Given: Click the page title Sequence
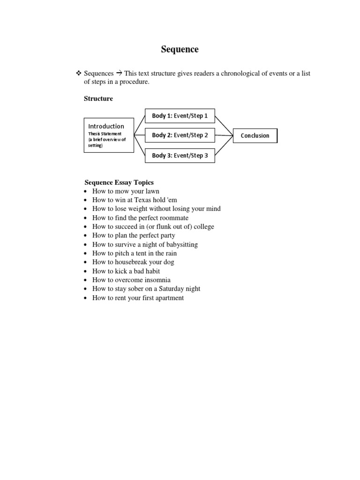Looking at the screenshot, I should pyautogui.click(x=180, y=49).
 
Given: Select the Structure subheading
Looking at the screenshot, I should pyautogui.click(x=98, y=98).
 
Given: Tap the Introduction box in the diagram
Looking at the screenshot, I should pyautogui.click(x=109, y=135).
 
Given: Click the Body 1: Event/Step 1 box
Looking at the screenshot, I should pyautogui.click(x=180, y=115).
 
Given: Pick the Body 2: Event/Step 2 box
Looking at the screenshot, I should pyautogui.click(x=180, y=135).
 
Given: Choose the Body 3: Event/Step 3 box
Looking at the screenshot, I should pyautogui.click(x=180, y=155).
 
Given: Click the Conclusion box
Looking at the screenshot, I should pyautogui.click(x=255, y=135).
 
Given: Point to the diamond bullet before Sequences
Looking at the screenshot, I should pyautogui.click(x=78, y=74).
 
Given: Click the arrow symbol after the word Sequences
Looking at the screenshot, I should pyautogui.click(x=119, y=74).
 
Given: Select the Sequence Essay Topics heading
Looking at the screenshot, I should pyautogui.click(x=119, y=182).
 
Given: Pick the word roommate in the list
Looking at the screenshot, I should pyautogui.click(x=173, y=218).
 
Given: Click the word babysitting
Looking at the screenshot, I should pyautogui.click(x=180, y=245).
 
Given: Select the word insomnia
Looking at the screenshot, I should pyautogui.click(x=157, y=280).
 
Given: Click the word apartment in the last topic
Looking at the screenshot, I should pyautogui.click(x=167, y=298).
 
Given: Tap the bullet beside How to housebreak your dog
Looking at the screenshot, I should pyautogui.click(x=85, y=262).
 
